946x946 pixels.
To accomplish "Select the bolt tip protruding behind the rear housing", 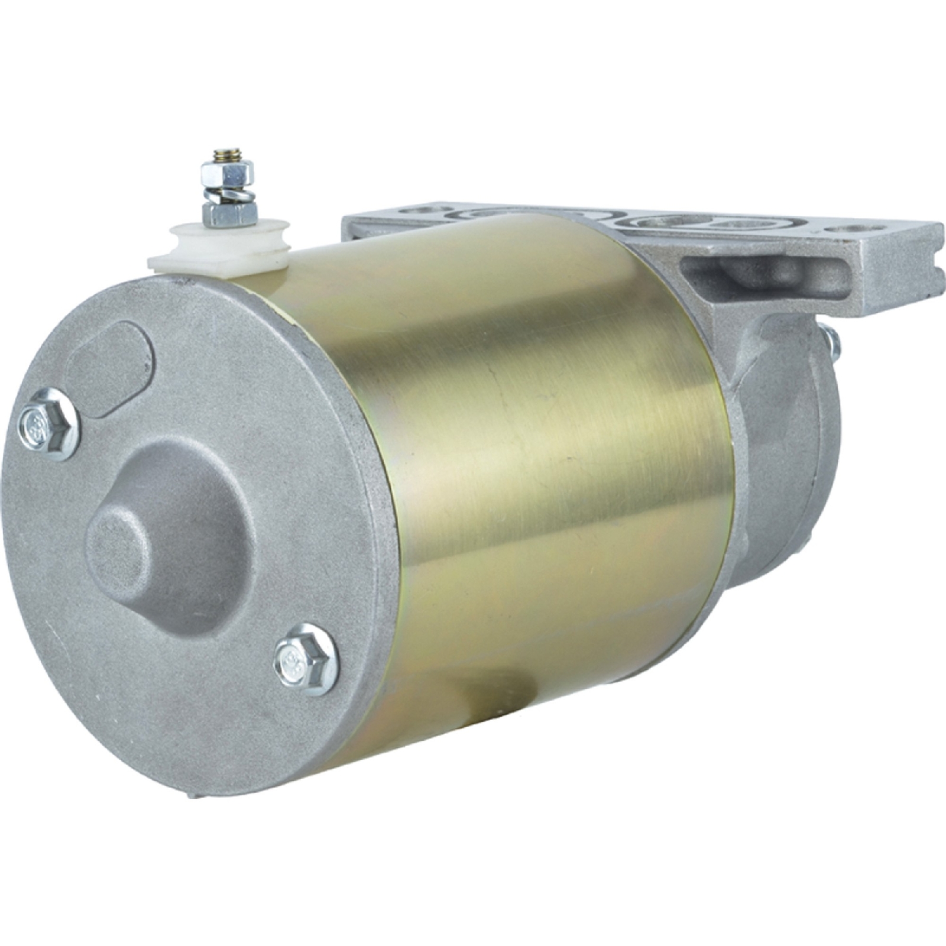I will click(833, 342).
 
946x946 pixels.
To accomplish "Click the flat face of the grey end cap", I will click(195, 680).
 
